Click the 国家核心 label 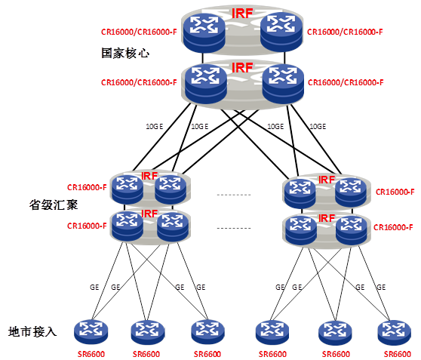[x=125, y=53]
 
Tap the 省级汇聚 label [x=54, y=205]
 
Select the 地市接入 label [x=32, y=331]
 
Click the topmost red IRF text [x=242, y=14]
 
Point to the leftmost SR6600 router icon [x=91, y=332]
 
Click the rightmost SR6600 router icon [x=394, y=333]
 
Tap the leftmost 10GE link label [x=155, y=126]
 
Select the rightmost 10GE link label [x=318, y=126]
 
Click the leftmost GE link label [x=94, y=288]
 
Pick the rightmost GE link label [x=381, y=288]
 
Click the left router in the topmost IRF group [x=204, y=32]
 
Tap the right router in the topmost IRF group [x=281, y=32]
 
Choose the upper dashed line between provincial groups [x=234, y=195]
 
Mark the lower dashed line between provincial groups [x=234, y=229]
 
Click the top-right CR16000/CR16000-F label [x=345, y=32]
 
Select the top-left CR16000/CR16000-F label [x=139, y=32]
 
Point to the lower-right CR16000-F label [x=393, y=227]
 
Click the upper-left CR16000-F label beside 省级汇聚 [x=87, y=187]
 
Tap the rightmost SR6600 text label [x=398, y=354]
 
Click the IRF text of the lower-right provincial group [x=327, y=218]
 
